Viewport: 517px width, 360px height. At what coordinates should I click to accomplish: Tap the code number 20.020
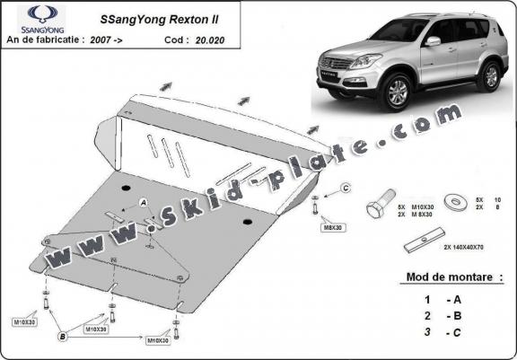[x=206, y=40]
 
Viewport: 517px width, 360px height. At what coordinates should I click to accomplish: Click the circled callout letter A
[x=143, y=203]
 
